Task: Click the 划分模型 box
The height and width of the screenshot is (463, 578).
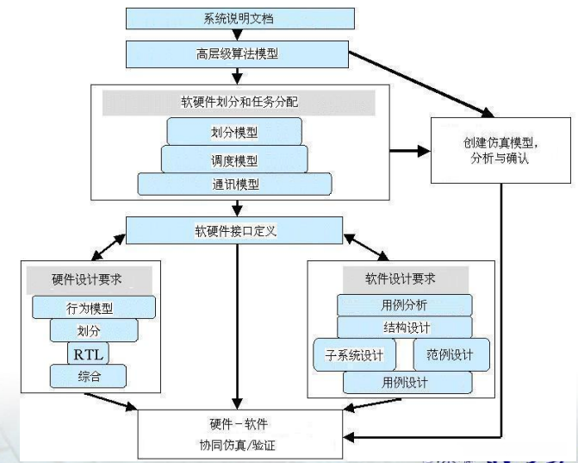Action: (x=234, y=132)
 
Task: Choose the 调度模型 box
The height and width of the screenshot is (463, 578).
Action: (x=234, y=159)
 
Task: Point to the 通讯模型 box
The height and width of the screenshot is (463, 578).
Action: (x=234, y=185)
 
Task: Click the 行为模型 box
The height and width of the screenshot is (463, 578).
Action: (x=94, y=307)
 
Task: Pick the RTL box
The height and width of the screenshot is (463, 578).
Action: (x=89, y=353)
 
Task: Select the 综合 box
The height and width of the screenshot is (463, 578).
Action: (x=89, y=376)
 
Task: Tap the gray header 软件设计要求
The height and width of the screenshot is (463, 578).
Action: (x=401, y=278)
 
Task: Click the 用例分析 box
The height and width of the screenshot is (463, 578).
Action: (x=404, y=304)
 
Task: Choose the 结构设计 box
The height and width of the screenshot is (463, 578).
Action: (x=404, y=328)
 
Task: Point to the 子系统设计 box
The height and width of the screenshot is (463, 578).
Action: (x=354, y=354)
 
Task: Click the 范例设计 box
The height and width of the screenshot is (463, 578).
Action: (x=451, y=354)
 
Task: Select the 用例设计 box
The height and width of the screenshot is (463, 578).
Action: (x=404, y=381)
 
